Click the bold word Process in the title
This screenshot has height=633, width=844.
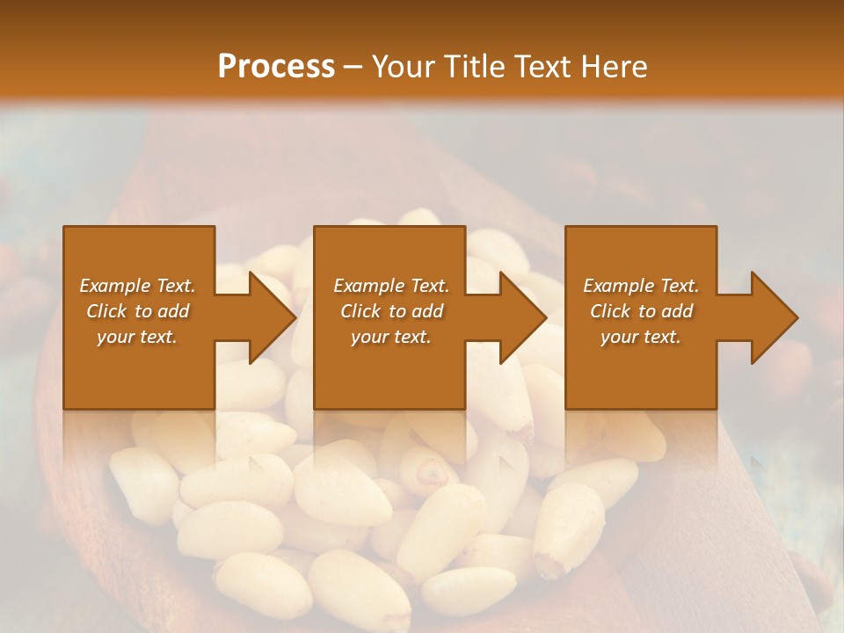pos(276,67)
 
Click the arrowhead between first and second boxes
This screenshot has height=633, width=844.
pos(273,317)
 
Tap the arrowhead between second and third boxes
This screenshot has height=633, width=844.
pos(523,317)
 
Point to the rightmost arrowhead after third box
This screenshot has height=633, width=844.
pos(774,317)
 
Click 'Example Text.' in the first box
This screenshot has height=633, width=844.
pos(138,286)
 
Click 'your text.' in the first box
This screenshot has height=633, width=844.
pos(138,337)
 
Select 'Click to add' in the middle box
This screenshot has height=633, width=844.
pos(391,311)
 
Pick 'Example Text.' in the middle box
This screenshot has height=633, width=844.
pos(391,286)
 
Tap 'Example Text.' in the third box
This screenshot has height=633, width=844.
pos(641,286)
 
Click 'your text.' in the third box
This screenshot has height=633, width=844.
pos(641,337)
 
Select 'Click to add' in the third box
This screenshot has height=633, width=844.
pos(641,311)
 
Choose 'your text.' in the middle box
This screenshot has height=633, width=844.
pos(391,337)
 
